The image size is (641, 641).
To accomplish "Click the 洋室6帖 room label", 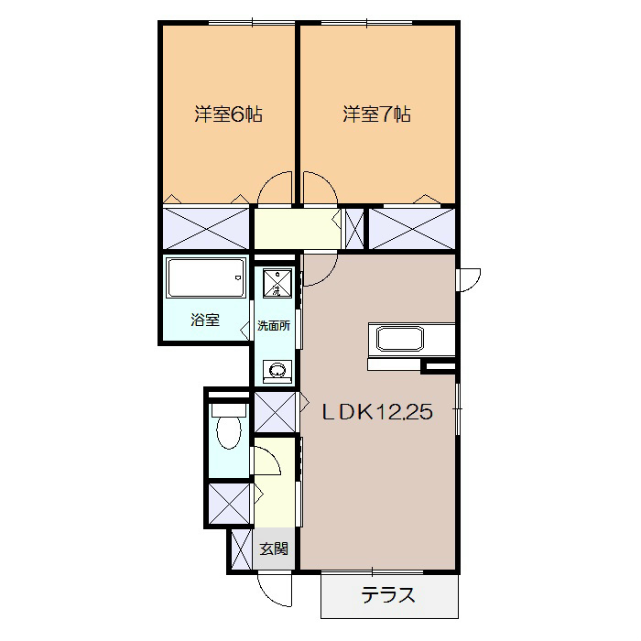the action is tap(228, 114).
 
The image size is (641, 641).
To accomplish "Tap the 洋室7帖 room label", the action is tap(376, 114).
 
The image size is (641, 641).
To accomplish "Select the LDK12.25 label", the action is tap(377, 412).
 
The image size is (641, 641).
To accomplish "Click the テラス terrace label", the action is tap(388, 595).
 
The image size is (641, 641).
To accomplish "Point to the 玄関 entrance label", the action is tap(274, 549).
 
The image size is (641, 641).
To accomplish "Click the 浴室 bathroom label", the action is tap(205, 320).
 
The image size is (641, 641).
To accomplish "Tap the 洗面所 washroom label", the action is tap(274, 325).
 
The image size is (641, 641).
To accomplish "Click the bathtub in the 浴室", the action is tap(207, 278).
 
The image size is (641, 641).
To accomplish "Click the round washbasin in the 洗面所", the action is tap(277, 370).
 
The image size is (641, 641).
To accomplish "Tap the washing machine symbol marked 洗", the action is tap(277, 283).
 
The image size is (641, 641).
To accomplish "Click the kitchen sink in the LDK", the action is tap(399, 339).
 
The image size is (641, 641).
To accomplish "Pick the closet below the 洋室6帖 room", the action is tap(206, 229).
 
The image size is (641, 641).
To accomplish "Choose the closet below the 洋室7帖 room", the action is tap(412, 229).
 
